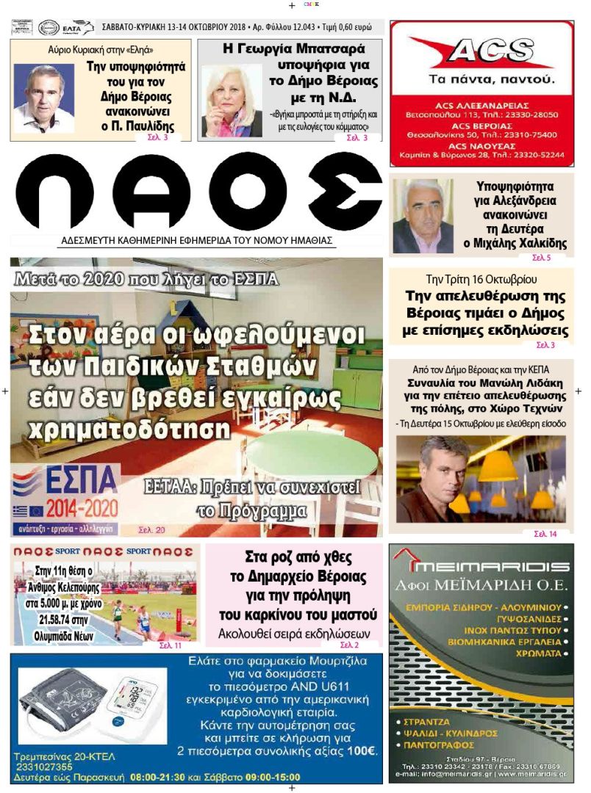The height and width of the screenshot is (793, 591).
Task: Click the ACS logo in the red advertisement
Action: click(481, 53)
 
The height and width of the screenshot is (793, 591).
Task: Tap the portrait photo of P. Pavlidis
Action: click(43, 98)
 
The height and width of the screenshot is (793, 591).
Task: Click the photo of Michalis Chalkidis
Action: click(423, 217)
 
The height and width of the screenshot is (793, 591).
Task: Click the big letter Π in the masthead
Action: click(54, 192)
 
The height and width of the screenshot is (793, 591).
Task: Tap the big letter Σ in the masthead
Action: click(345, 192)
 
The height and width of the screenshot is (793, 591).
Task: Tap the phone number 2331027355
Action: click(44, 767)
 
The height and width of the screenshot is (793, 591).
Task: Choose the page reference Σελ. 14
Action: click(545, 534)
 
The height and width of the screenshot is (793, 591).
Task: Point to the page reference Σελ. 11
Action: click(170, 645)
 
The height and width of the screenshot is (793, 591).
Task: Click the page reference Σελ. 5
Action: click(540, 258)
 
